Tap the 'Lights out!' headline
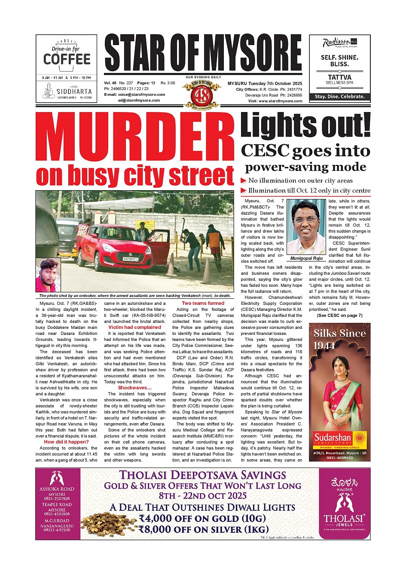(x=305, y=125)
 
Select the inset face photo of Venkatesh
(x=48, y=275)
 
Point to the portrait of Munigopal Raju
(x=306, y=227)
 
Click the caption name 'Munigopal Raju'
(x=306, y=258)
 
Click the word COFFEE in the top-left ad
(x=67, y=59)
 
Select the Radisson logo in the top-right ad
(x=336, y=43)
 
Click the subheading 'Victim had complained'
(x=134, y=327)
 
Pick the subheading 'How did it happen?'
(x=66, y=442)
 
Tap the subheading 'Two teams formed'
(x=203, y=303)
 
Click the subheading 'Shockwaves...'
(x=134, y=388)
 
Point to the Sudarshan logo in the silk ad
(x=339, y=438)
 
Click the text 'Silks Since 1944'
(x=339, y=339)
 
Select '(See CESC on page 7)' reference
(x=339, y=316)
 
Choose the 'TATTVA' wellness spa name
(x=339, y=77)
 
